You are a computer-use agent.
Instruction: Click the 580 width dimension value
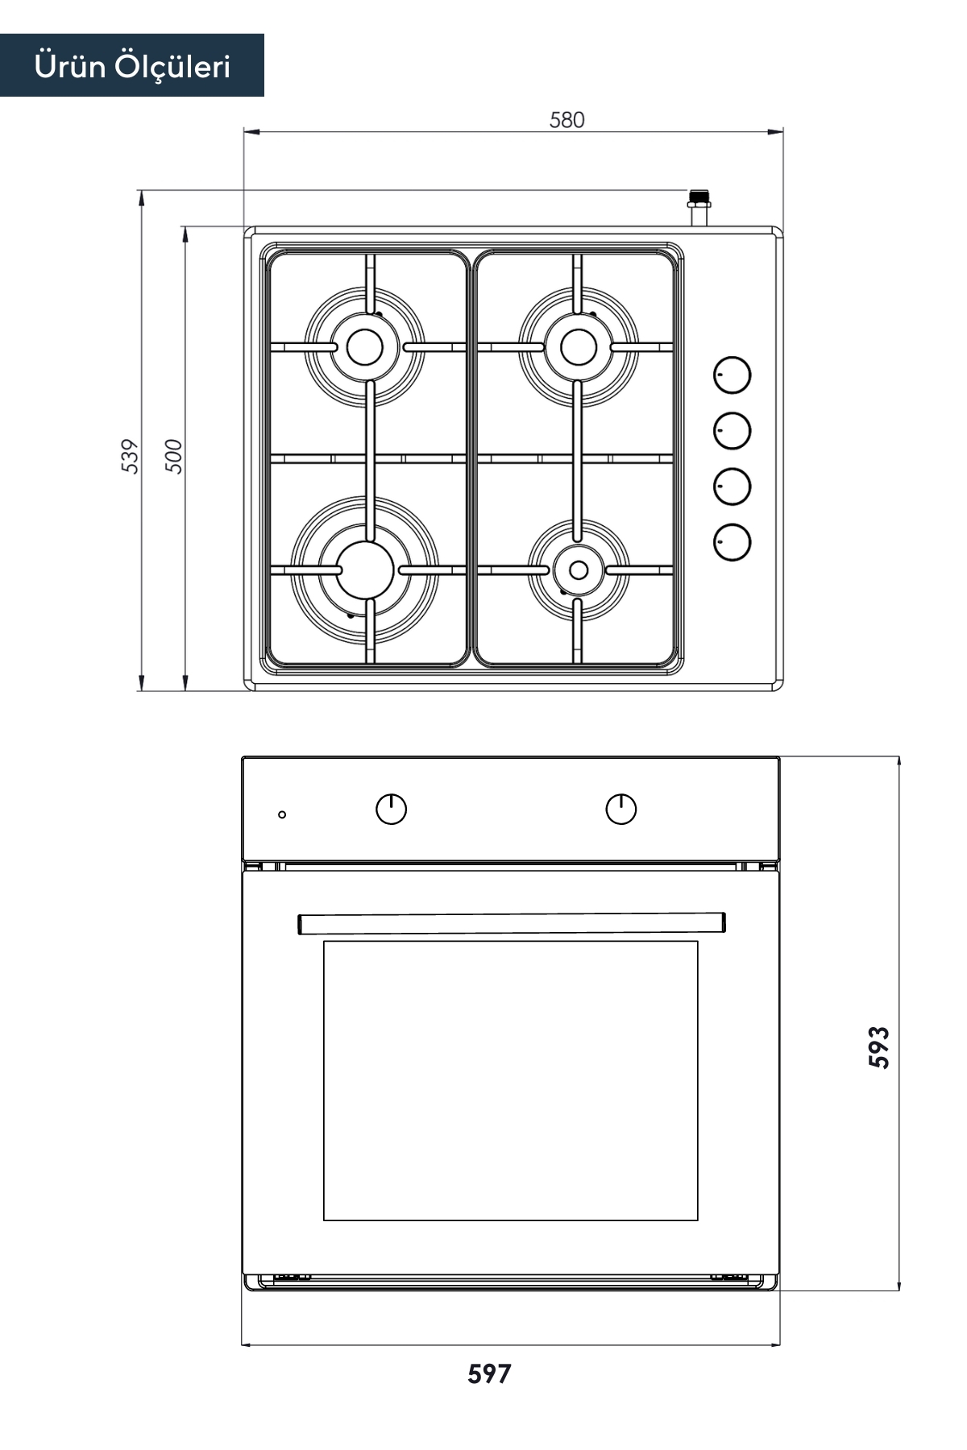click(567, 120)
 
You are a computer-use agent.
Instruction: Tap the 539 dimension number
click(130, 456)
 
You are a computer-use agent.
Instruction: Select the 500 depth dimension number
click(174, 456)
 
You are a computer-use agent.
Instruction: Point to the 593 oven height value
click(879, 1047)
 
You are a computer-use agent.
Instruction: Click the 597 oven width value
click(489, 1373)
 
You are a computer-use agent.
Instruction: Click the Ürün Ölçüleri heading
click(132, 66)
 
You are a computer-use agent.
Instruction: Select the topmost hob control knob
click(732, 375)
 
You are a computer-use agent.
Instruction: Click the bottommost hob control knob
click(732, 541)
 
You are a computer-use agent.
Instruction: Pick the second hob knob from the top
click(732, 431)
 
